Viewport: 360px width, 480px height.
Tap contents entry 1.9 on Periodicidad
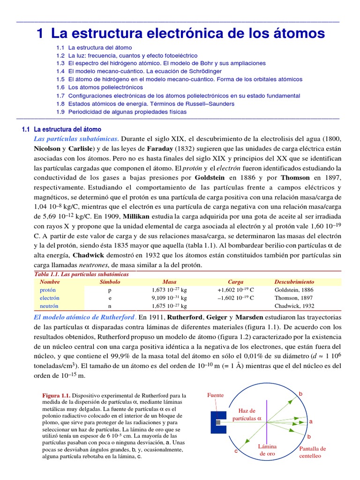point(121,112)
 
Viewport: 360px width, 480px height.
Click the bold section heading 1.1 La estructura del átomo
point(61,129)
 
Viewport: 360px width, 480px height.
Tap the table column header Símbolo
point(110,282)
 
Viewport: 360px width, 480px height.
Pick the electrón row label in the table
point(50,298)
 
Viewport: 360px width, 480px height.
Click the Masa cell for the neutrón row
point(169,306)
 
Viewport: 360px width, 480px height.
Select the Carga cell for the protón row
point(235,290)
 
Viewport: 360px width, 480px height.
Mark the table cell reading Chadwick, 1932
point(294,306)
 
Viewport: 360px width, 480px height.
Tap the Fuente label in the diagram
point(216,395)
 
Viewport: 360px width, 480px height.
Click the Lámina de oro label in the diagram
point(267,450)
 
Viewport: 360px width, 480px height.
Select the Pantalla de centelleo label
point(312,452)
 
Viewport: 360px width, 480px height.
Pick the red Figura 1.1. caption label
point(57,395)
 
